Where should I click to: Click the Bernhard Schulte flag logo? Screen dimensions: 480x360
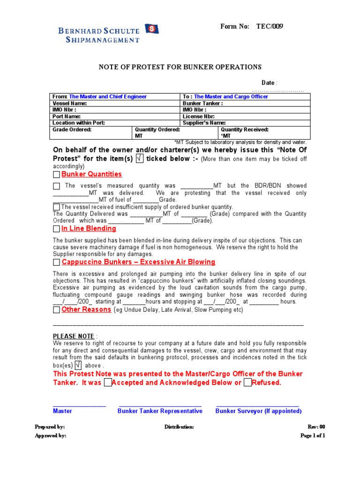152,30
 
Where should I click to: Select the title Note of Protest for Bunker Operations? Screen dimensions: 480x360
180,67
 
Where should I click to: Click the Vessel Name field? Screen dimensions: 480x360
116,103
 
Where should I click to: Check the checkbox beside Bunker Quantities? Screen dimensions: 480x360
57,175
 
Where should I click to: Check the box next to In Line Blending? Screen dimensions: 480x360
57,229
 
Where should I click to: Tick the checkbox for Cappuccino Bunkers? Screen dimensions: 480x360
57,262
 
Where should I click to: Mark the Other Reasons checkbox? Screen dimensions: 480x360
57,310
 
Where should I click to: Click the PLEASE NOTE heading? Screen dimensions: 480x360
74,337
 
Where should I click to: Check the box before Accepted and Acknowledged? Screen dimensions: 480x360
107,383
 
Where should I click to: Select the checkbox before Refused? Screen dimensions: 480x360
247,383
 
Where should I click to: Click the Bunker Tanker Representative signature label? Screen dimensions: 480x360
160,411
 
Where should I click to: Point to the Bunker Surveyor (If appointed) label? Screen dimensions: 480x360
258,411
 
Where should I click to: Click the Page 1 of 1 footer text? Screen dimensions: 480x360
312,435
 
